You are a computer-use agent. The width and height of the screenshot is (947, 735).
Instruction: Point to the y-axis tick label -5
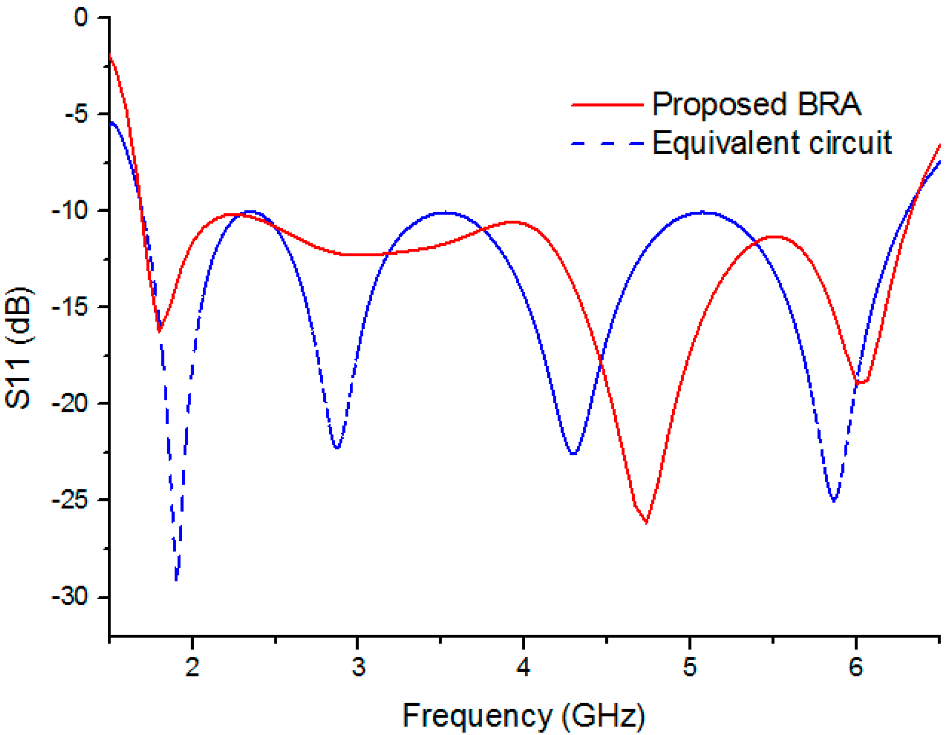[76, 114]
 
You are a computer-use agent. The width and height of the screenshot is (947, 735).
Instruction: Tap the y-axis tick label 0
[81, 18]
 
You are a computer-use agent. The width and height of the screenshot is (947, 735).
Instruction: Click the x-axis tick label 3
[358, 667]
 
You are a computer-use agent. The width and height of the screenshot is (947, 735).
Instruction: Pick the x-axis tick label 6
[856, 667]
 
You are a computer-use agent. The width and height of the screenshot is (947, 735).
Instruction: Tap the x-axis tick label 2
[192, 667]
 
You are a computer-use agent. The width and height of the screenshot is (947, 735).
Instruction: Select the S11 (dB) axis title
[19, 348]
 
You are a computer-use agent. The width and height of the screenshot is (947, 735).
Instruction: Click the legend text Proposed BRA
[756, 104]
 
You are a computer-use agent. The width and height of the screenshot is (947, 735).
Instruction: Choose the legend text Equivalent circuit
[771, 143]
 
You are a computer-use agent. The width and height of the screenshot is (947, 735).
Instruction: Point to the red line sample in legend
[607, 105]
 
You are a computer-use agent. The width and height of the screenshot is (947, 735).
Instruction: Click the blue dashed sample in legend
[607, 143]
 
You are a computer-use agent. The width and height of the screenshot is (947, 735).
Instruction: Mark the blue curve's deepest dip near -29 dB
[176, 580]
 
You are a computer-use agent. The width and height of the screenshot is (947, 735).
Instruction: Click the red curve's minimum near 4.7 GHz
[646, 522]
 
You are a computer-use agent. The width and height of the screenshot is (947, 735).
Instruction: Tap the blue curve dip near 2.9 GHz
[337, 448]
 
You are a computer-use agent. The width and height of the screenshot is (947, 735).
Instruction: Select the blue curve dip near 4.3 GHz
[573, 454]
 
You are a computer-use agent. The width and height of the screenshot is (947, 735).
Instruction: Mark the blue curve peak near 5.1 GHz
[702, 212]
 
